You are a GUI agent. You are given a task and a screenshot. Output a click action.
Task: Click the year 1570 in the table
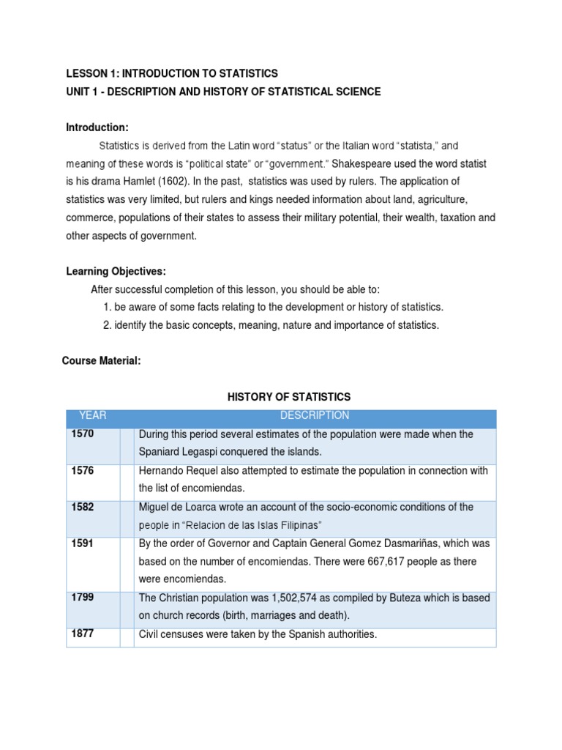point(83,434)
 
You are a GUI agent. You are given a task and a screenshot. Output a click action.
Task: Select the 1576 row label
point(83,471)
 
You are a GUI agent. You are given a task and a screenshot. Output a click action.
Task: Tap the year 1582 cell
point(83,507)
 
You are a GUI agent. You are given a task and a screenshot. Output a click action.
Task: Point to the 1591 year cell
point(83,543)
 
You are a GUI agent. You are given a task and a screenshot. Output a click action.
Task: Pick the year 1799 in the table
point(83,598)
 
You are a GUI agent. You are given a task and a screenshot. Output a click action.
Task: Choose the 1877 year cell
point(83,634)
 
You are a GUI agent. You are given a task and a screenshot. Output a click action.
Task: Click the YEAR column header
point(93,416)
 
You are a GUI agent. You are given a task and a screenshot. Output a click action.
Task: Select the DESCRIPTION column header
point(315,416)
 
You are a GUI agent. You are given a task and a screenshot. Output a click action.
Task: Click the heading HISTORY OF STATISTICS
point(289,397)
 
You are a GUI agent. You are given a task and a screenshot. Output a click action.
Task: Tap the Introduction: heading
point(97,127)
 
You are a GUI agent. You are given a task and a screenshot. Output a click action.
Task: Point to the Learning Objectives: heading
point(116,271)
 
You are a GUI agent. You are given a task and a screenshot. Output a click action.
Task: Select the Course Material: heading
point(101,361)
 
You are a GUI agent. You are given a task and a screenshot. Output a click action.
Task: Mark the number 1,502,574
point(293,598)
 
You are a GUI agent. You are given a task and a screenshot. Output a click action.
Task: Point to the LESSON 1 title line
point(172,73)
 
